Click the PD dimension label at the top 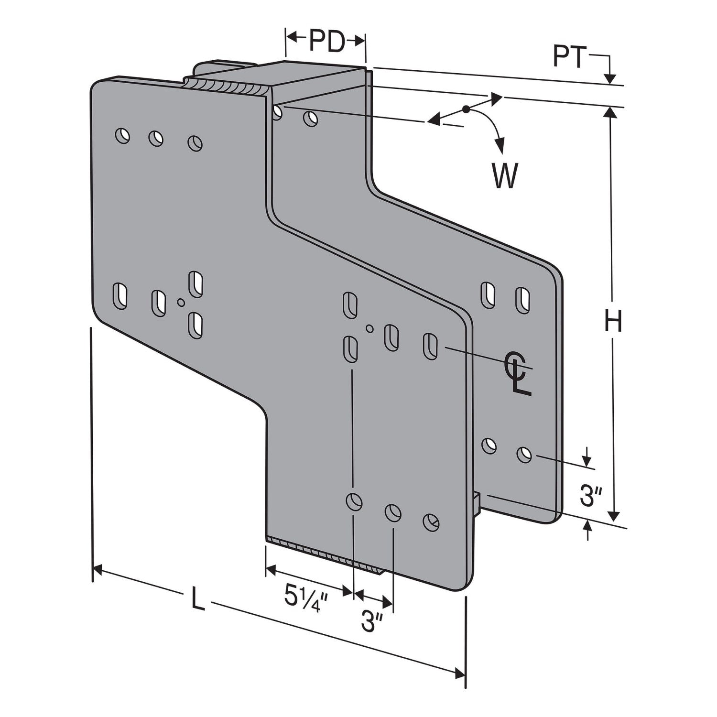pyautogui.click(x=326, y=42)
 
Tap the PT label pyautogui.click(x=569, y=57)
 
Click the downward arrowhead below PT pyautogui.click(x=610, y=78)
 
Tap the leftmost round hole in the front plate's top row pyautogui.click(x=122, y=135)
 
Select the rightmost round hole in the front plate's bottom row pyautogui.click(x=431, y=522)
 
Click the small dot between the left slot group pyautogui.click(x=181, y=302)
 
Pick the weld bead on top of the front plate pyautogui.click(x=225, y=87)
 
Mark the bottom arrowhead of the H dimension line pyautogui.click(x=614, y=516)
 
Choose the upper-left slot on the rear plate pyautogui.click(x=488, y=294)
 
